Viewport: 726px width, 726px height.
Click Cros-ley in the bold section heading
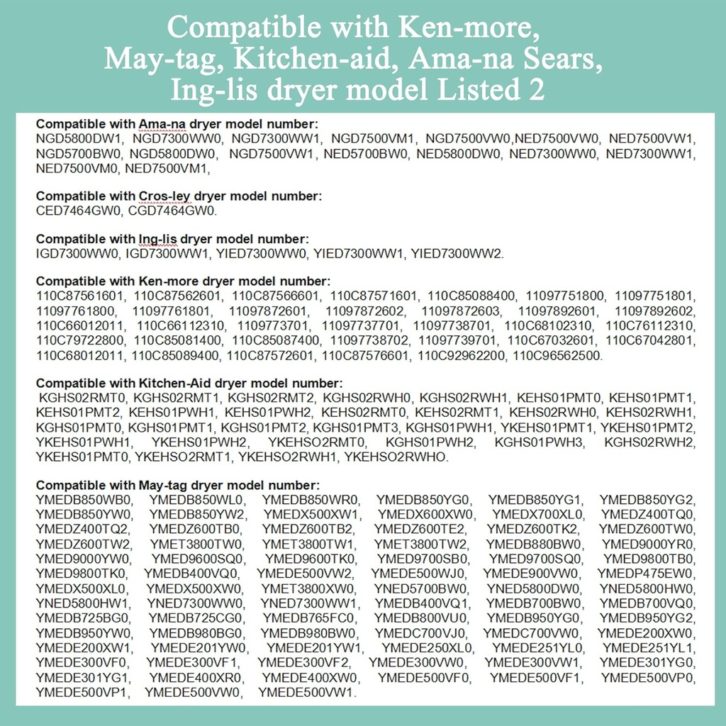pos(161,196)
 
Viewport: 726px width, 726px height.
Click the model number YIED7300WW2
pos(457,253)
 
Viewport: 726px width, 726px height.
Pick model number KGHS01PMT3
pos(357,428)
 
